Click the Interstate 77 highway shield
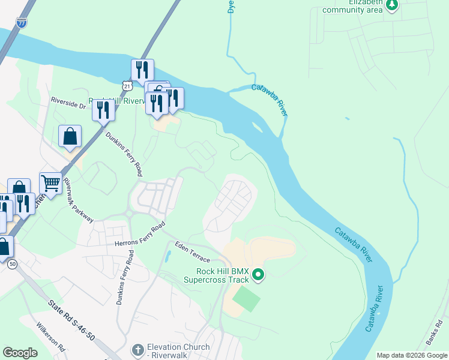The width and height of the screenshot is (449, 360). pos(22,23)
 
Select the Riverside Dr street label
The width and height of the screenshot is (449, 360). pos(68,102)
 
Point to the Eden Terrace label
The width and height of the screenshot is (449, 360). pos(192,251)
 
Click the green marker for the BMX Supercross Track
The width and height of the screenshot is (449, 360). pos(259,275)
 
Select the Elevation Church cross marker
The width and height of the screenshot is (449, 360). pos(137,350)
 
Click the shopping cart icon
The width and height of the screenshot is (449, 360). pos(50,182)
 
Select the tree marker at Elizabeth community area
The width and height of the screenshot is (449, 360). pos(392,5)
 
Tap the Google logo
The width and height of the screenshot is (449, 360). pos(20,353)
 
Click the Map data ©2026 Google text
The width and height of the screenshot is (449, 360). pos(411,355)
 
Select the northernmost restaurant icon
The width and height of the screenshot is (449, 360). pos(142,68)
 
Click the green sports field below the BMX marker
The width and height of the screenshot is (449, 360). pos(246,299)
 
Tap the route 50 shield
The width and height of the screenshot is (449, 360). pos(13,263)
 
